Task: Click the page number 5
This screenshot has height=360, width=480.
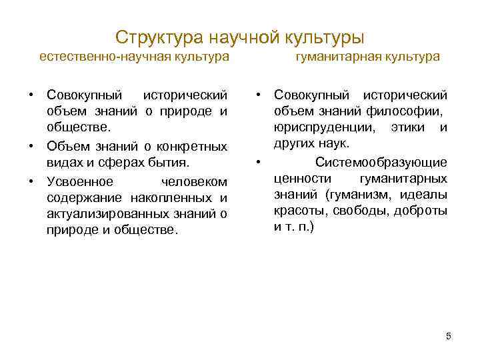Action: [449, 336]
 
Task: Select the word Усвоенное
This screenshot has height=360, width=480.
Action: [77, 182]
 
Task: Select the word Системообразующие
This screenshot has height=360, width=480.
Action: [381, 161]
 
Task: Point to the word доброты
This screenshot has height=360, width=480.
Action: [423, 210]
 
